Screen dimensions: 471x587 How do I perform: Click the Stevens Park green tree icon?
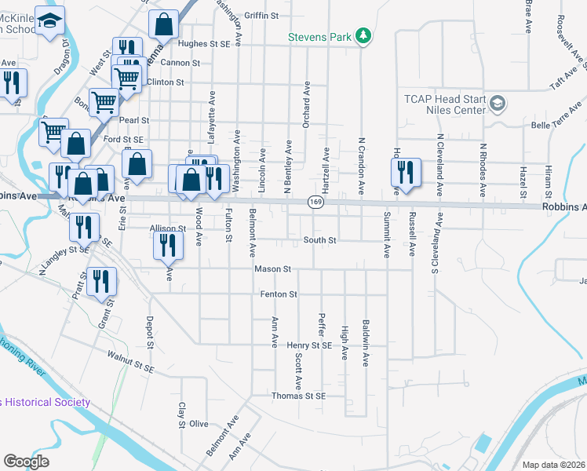click(x=363, y=35)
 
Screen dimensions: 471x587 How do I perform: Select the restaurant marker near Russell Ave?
click(x=406, y=172)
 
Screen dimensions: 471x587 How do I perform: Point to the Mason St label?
click(x=272, y=269)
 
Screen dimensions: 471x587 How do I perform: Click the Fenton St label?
click(x=279, y=294)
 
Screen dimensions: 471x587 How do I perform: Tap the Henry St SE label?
click(x=309, y=345)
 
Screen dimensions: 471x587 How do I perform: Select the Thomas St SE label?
click(x=298, y=396)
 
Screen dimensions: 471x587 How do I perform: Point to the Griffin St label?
click(x=261, y=16)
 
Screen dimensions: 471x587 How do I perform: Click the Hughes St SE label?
click(x=203, y=45)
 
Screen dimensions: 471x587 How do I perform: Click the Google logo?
click(x=26, y=461)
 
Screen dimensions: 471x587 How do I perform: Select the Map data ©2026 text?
click(x=553, y=465)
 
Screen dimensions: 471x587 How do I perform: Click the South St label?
click(x=320, y=240)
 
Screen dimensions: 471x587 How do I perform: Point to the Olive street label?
click(x=199, y=424)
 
